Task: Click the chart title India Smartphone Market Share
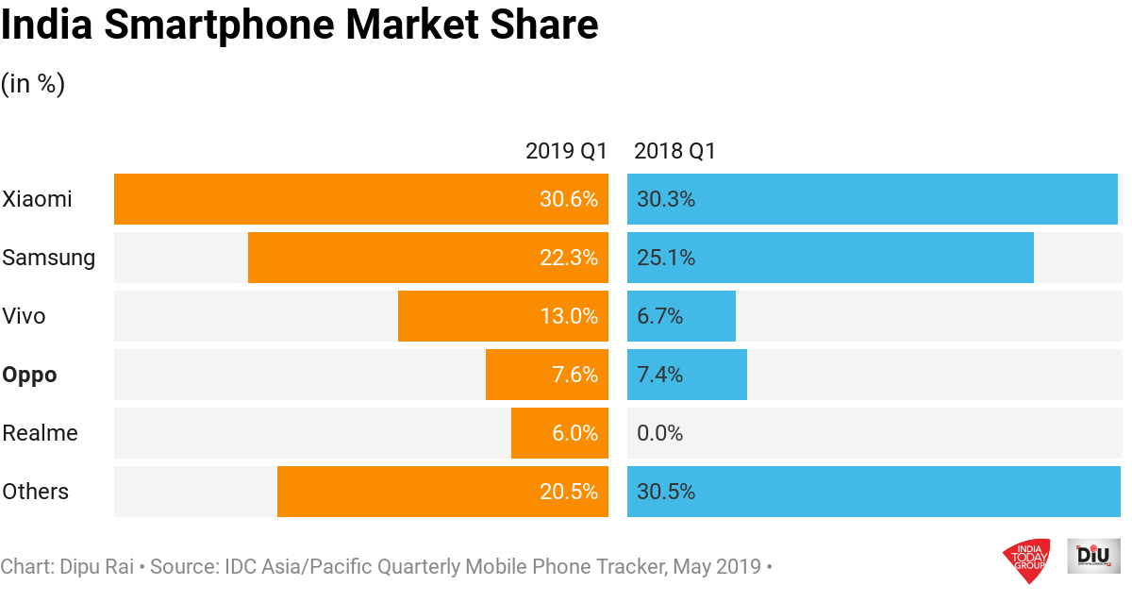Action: (300, 25)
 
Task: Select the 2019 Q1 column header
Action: (566, 151)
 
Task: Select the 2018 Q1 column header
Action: (675, 151)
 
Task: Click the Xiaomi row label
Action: (37, 199)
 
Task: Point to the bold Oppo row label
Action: (29, 375)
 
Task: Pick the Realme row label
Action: (40, 433)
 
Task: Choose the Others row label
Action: (36, 492)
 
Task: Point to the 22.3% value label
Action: (569, 258)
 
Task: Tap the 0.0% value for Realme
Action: (660, 433)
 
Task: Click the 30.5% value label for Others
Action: (666, 492)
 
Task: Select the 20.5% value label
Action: (569, 492)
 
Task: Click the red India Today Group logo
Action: (1027, 560)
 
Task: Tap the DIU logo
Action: (1093, 556)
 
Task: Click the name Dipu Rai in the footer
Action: (97, 567)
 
